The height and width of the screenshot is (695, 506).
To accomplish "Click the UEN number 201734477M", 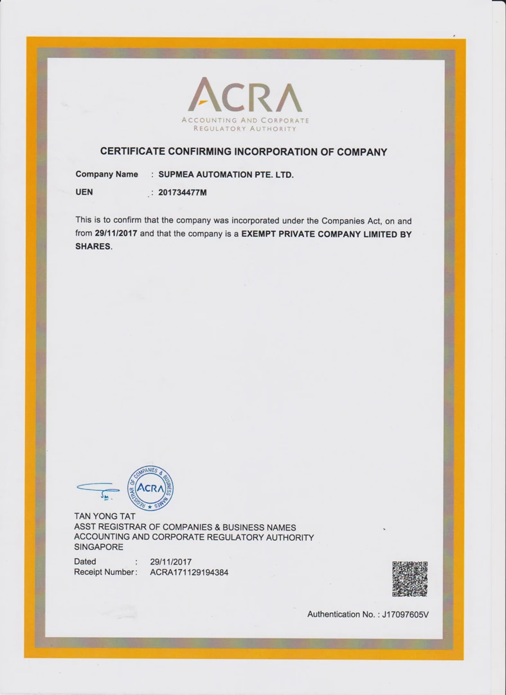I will click(183, 193).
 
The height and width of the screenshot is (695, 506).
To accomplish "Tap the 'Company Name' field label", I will click(107, 174).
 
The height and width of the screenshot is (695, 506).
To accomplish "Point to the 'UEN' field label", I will click(84, 192).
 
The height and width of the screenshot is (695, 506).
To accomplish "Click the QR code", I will click(410, 579).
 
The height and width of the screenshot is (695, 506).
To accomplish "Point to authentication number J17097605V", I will click(405, 614).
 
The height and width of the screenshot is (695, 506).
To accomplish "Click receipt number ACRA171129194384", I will click(189, 572).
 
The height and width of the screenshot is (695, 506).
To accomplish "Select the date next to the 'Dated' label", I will click(170, 561).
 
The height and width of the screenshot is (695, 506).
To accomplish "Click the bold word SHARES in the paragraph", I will click(93, 247).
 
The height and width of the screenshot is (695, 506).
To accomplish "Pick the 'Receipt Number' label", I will click(105, 572).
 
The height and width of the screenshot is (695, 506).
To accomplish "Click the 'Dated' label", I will click(86, 561).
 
